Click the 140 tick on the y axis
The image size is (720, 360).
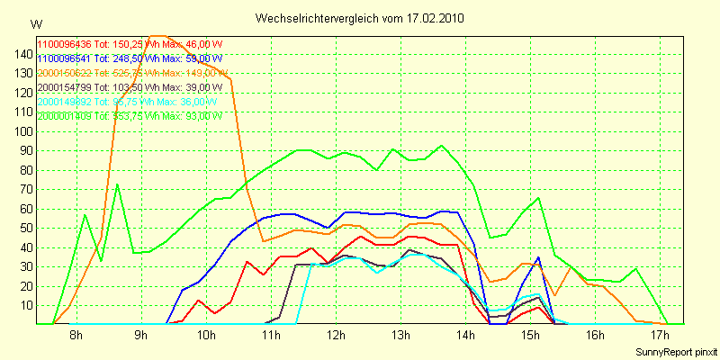pos(23,54)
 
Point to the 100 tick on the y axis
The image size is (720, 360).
pos(23,131)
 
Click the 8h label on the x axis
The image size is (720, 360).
pos(76,335)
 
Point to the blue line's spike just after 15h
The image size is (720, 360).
pos(538,257)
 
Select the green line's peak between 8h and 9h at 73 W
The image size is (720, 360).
pos(118,184)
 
